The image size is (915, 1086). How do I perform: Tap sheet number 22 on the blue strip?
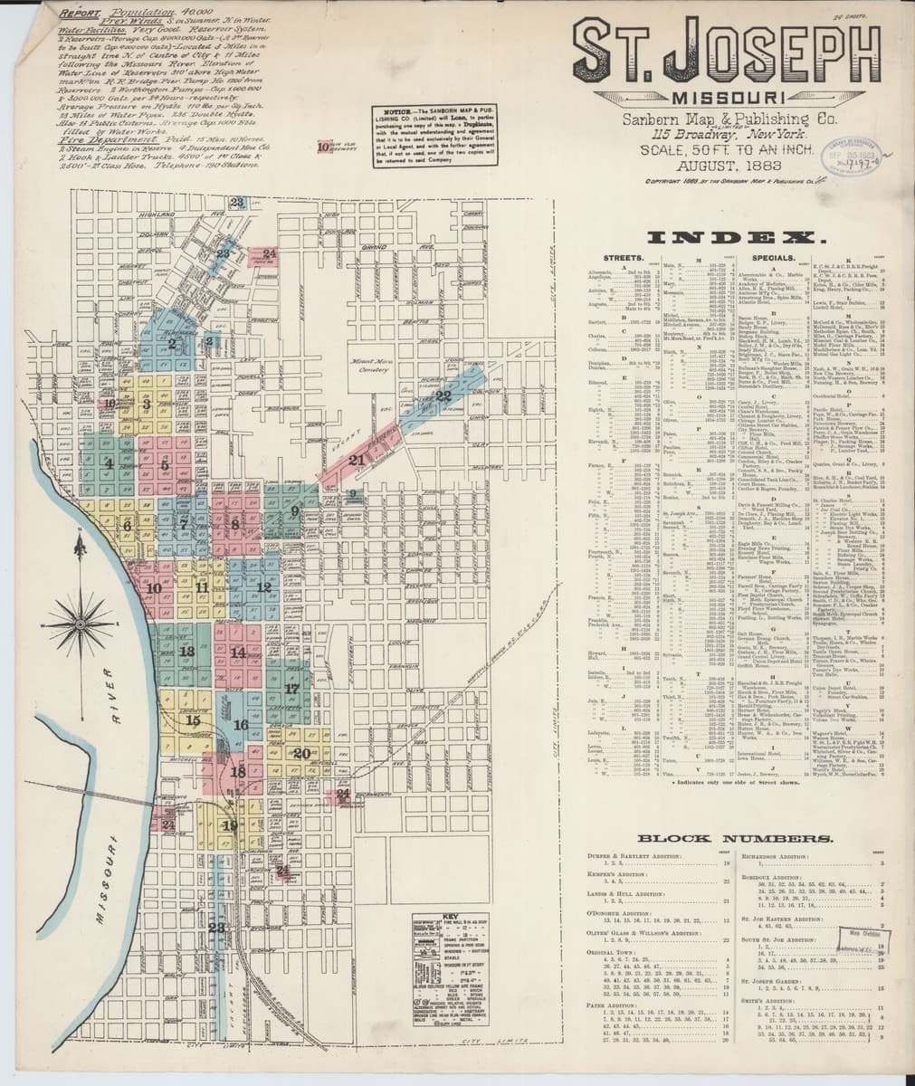tap(443, 395)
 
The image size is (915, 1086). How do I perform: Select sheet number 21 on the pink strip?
tap(356, 460)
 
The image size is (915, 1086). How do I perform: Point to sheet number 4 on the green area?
tap(109, 463)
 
